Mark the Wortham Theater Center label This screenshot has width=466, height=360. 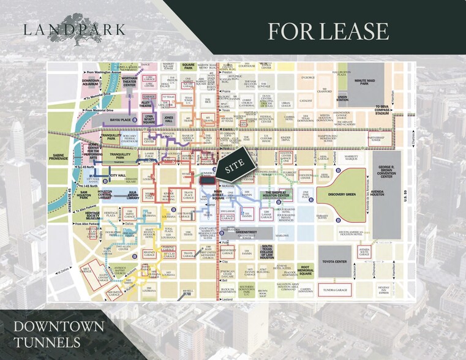[130, 83]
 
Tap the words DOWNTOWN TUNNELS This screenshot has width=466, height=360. [59, 334]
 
